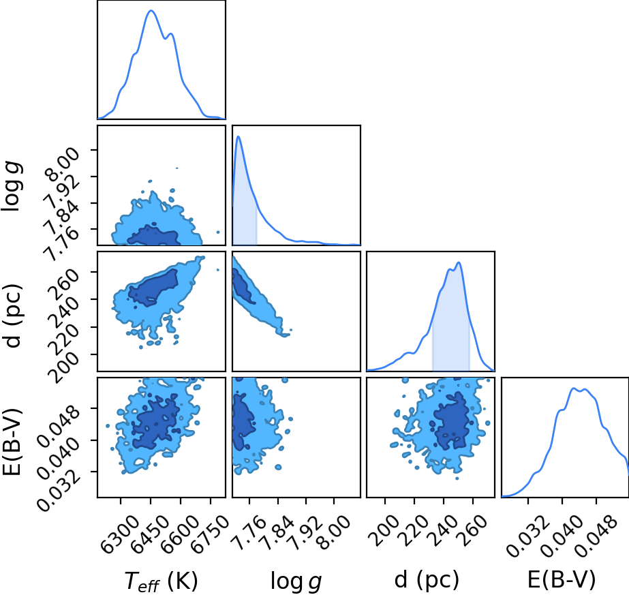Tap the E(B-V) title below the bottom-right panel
pos(562,580)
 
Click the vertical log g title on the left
pos(12,186)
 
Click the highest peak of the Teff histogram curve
pos(151,10)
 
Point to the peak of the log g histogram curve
pos(239,136)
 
